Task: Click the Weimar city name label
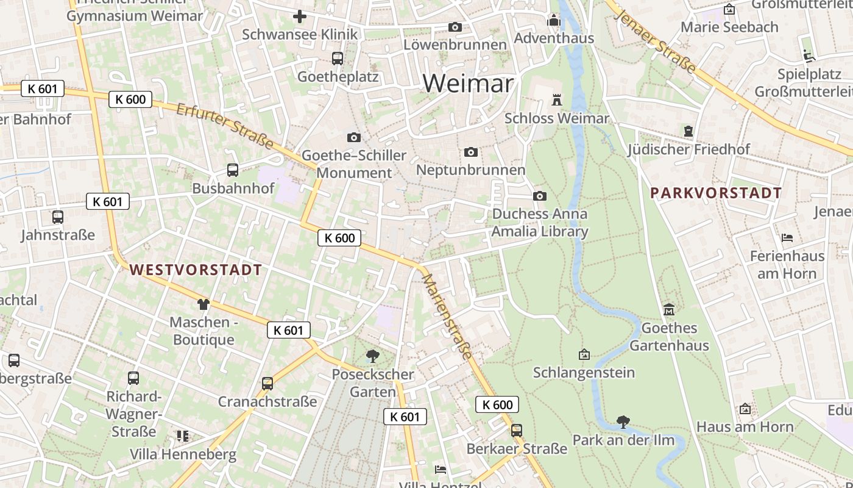coord(468,83)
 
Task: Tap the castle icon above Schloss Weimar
coord(556,99)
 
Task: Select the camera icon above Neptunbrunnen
coord(470,152)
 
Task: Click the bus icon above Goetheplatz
coord(337,59)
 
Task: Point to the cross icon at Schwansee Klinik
coord(299,16)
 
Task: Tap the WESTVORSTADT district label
coord(196,270)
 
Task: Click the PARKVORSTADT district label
coord(716,193)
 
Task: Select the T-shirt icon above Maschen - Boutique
coord(203,304)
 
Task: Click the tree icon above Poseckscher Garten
coord(372,356)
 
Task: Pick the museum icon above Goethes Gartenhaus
coord(669,310)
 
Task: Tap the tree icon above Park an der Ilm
coord(623,422)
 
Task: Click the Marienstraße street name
coord(447,316)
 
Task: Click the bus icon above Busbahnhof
coord(232,170)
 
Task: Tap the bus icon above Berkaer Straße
coord(517,431)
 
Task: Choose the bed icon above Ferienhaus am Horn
coord(787,237)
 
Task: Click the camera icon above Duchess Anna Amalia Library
coord(539,196)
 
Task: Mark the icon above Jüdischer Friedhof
coord(688,131)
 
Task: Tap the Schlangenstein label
coord(584,372)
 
